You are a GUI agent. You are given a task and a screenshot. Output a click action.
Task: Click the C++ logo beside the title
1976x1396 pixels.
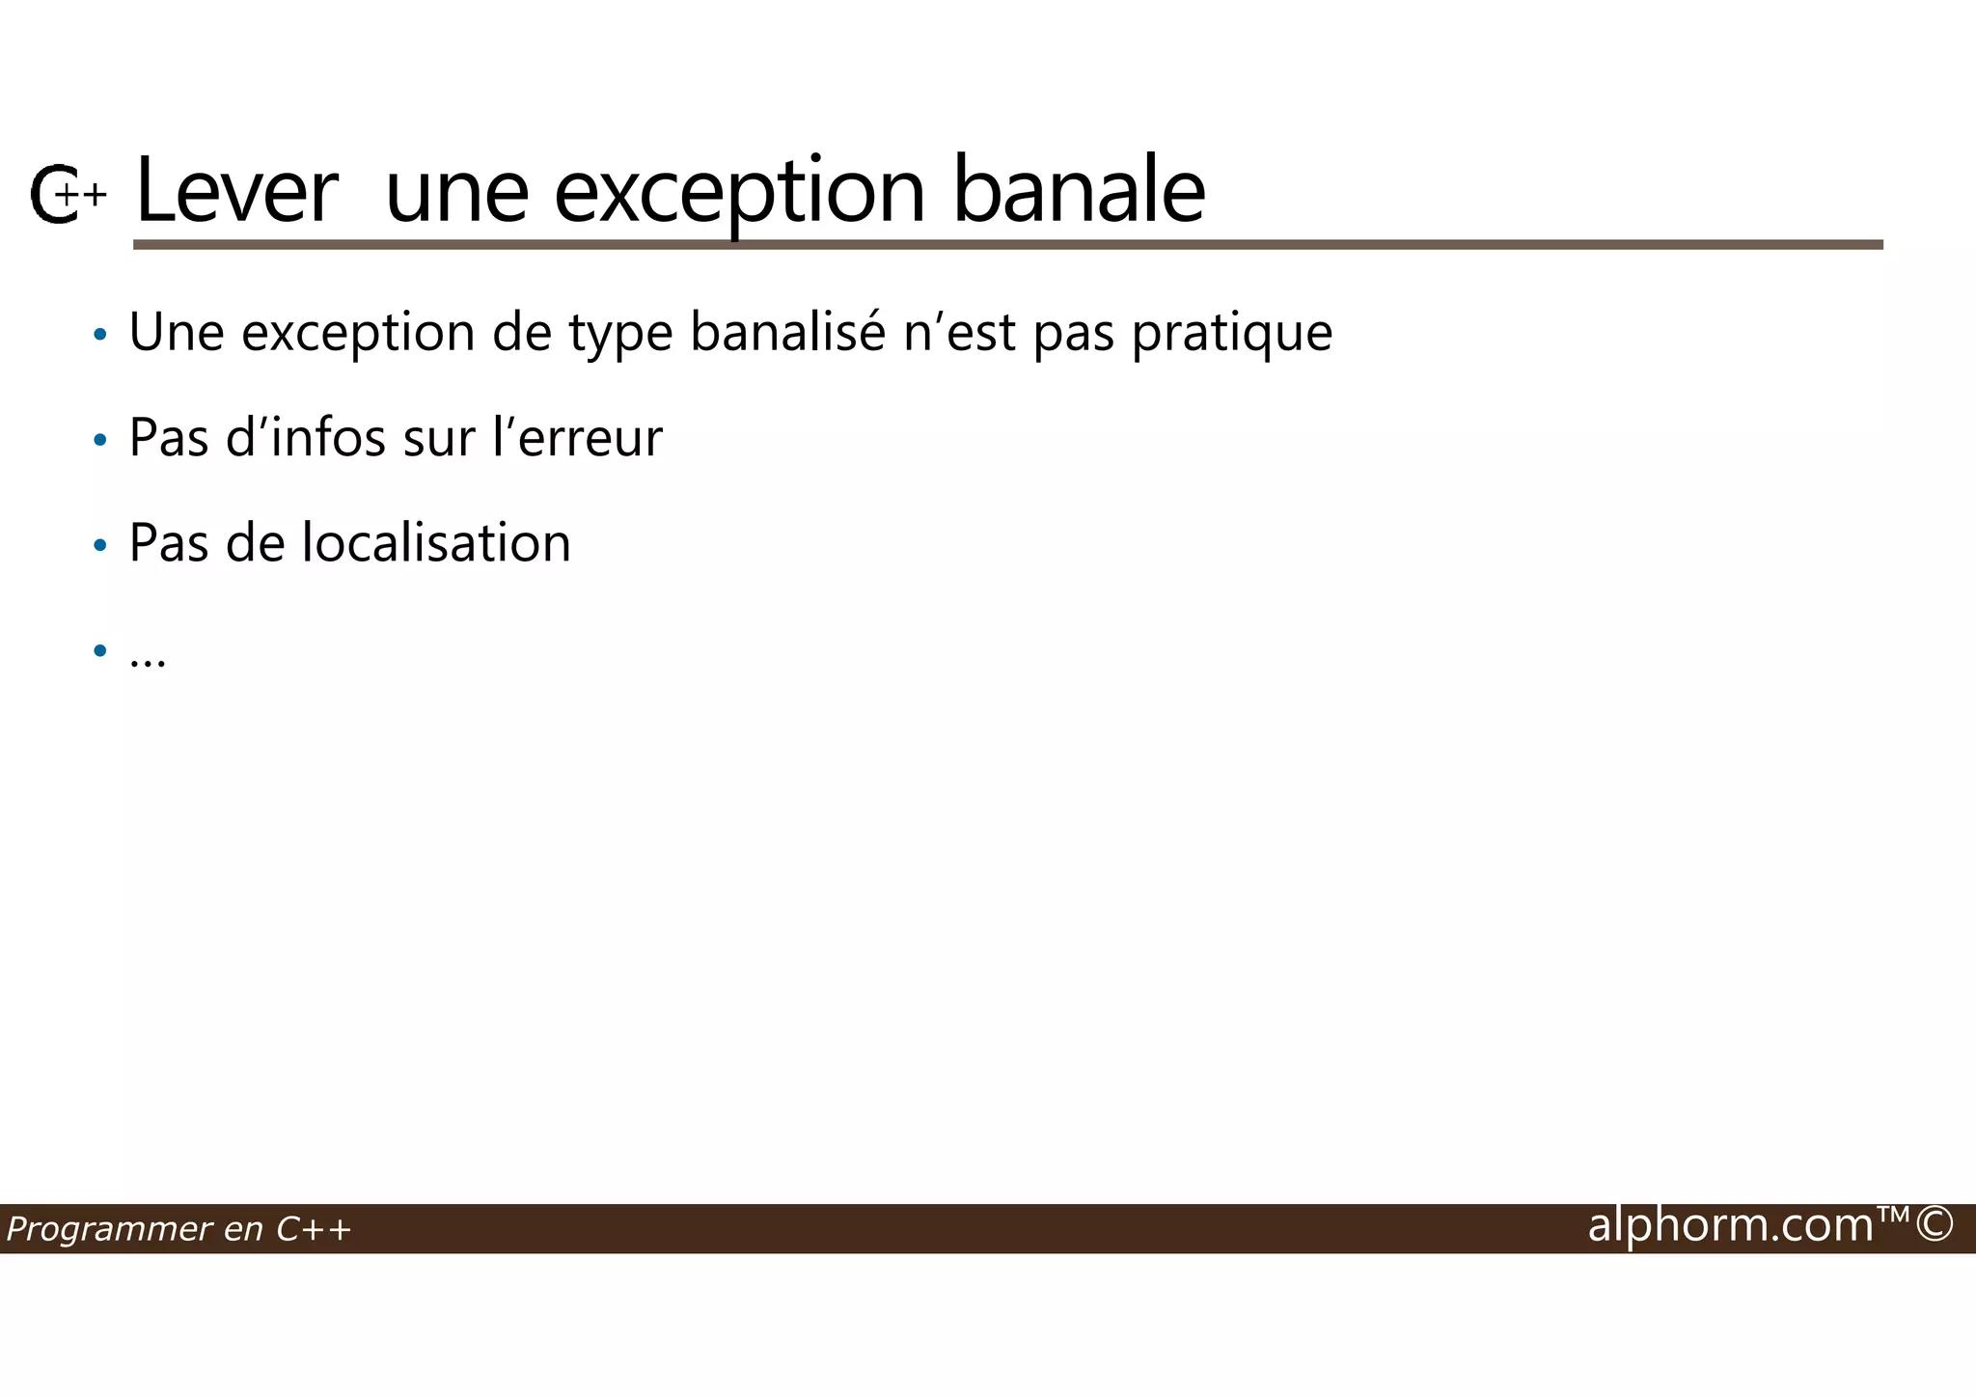pos(68,195)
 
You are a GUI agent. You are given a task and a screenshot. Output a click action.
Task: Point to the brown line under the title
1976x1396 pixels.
pos(1007,245)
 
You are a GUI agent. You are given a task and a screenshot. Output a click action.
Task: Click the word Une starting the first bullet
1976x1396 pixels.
pos(177,332)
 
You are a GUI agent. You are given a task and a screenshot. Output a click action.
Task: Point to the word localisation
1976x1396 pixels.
pos(436,542)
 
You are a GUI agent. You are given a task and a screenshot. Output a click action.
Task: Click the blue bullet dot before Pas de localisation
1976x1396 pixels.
pos(100,546)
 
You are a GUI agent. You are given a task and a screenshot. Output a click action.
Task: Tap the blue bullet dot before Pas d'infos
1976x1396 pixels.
pos(100,441)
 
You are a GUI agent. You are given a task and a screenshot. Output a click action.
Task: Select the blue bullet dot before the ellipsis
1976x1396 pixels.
pos(100,651)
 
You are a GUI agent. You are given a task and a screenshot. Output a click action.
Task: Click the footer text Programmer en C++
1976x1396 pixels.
pos(179,1229)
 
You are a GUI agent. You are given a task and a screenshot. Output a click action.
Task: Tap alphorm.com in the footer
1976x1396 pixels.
pos(1730,1225)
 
